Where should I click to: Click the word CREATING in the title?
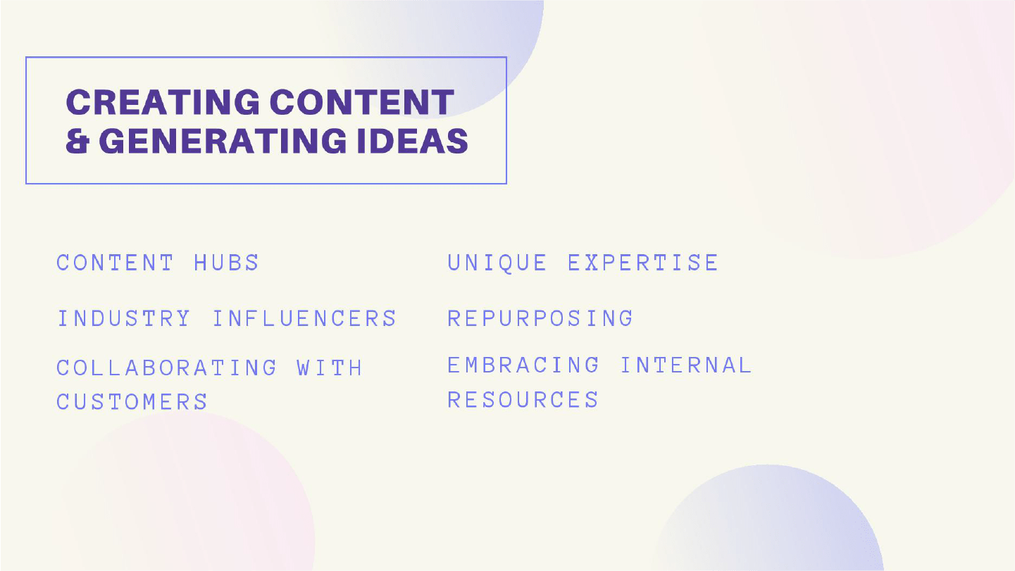coord(163,102)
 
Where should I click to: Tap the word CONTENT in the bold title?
coord(362,102)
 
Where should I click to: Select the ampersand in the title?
coord(77,141)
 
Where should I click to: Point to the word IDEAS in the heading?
coord(412,141)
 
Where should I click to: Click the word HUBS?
coord(226,263)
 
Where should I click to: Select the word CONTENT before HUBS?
coord(115,263)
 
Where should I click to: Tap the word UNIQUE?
coord(497,263)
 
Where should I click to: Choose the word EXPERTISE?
coord(643,263)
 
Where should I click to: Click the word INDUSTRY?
coord(124,318)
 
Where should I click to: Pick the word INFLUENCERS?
coord(304,318)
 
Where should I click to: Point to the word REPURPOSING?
coord(540,318)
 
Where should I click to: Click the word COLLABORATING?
coord(166,368)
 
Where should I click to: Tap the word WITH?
coord(330,368)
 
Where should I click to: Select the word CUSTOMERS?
coord(132,401)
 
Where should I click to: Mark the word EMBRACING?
coord(523,365)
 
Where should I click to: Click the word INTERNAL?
coord(686,365)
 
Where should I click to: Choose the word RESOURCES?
coord(523,400)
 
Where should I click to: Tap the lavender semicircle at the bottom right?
coord(768,521)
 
